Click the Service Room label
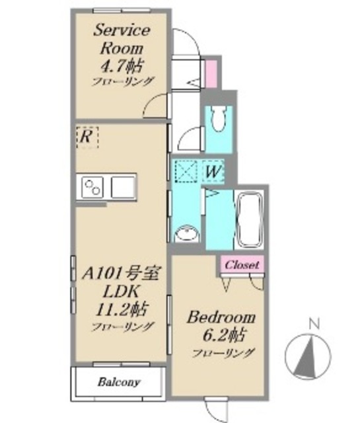click(x=122, y=39)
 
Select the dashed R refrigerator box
click(x=87, y=137)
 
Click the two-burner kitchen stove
click(x=92, y=187)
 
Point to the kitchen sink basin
click(x=124, y=187)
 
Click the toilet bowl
click(x=219, y=119)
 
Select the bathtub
click(x=250, y=219)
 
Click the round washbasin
click(x=187, y=233)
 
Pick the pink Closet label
click(x=242, y=264)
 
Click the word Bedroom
click(x=221, y=317)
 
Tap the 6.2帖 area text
click(x=223, y=335)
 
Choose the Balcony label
click(x=119, y=382)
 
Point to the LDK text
click(x=120, y=291)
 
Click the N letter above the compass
click(x=314, y=324)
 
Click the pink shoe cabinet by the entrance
click(x=211, y=73)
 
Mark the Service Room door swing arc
click(x=154, y=104)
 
